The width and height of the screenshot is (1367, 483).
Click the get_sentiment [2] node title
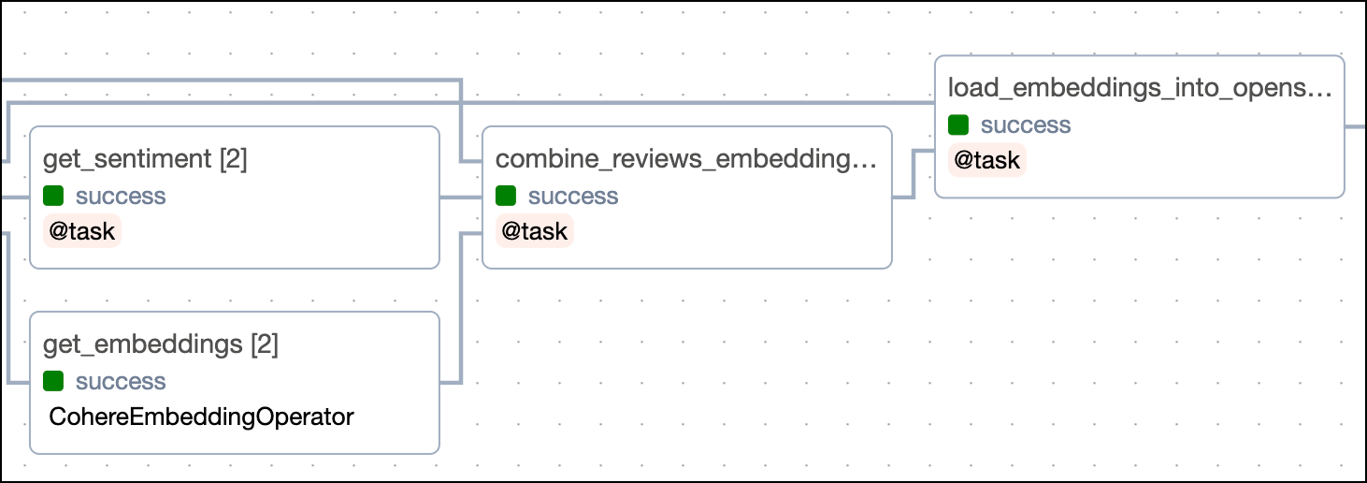pyautogui.click(x=145, y=159)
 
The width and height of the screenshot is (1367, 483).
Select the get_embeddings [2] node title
pyautogui.click(x=161, y=344)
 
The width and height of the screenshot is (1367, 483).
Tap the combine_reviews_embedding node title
pyautogui.click(x=685, y=159)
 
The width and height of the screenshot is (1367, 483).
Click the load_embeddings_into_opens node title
pyautogui.click(x=1138, y=88)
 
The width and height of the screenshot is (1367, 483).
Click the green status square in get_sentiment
pyautogui.click(x=53, y=196)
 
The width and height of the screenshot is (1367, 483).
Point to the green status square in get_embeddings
pyautogui.click(x=53, y=381)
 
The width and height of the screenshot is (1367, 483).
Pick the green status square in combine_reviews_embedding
pyautogui.click(x=506, y=196)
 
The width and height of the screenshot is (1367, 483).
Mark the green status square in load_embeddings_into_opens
pyautogui.click(x=958, y=124)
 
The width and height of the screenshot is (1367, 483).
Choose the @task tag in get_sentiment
pyautogui.click(x=82, y=231)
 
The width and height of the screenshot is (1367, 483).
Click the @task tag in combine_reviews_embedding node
pyautogui.click(x=535, y=231)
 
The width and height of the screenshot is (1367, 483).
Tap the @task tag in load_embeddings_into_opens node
pyautogui.click(x=987, y=160)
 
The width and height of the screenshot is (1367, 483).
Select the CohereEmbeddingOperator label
pyautogui.click(x=201, y=417)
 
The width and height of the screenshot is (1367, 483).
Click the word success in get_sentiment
pyautogui.click(x=121, y=196)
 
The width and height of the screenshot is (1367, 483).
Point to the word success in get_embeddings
pyautogui.click(x=121, y=381)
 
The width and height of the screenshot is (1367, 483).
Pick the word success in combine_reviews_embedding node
pyautogui.click(x=573, y=196)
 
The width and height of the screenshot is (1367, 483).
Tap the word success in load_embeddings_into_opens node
pyautogui.click(x=1026, y=124)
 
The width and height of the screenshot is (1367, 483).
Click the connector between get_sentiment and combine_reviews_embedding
pyautogui.click(x=461, y=198)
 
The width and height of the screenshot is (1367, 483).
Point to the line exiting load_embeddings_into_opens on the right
pyautogui.click(x=1356, y=126)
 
